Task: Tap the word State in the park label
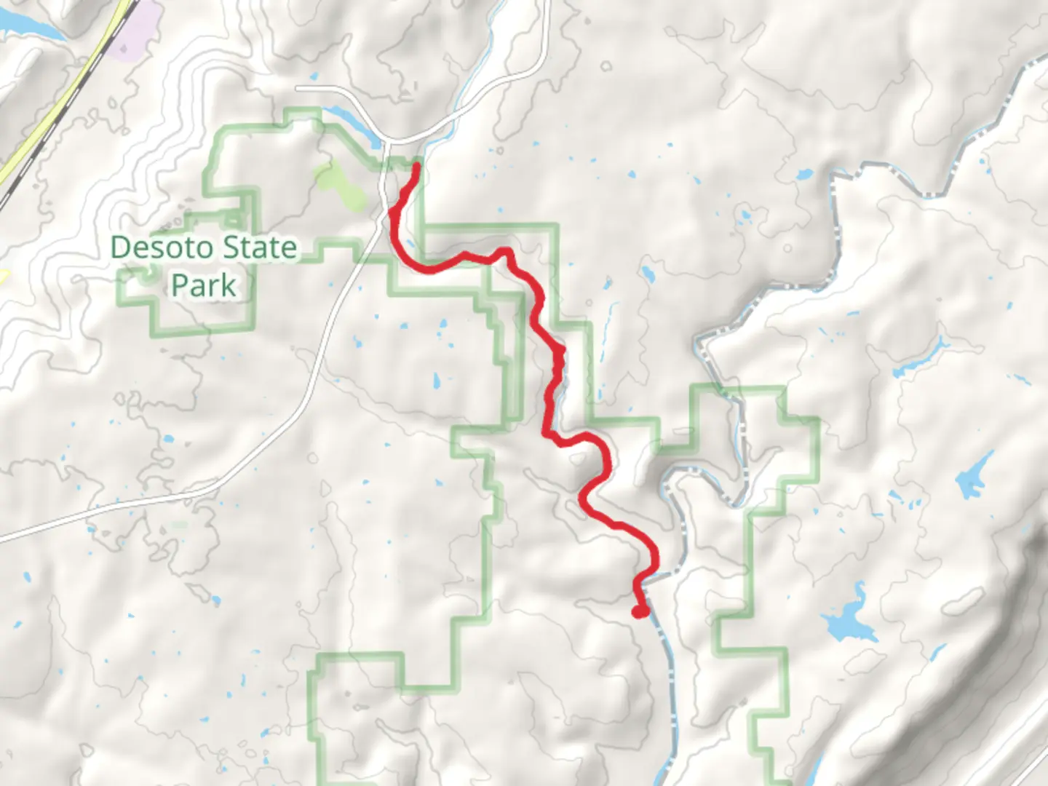259,248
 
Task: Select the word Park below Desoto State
204,285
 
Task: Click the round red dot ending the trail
640,611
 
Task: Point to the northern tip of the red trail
416,167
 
